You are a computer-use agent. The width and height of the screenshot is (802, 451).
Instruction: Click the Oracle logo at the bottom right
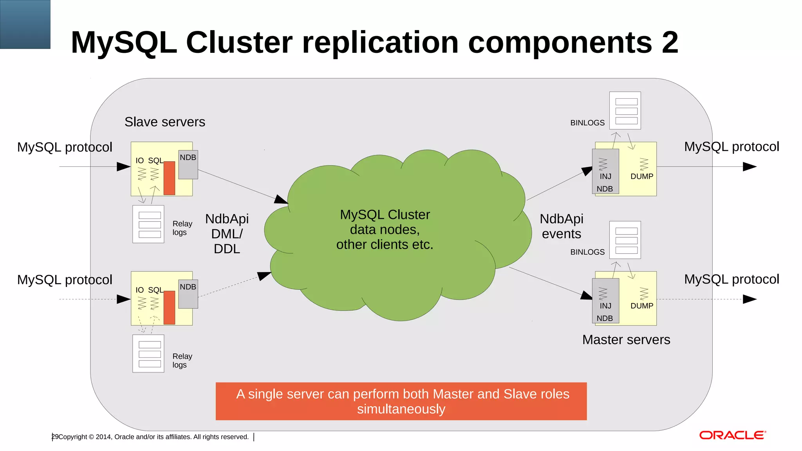point(732,435)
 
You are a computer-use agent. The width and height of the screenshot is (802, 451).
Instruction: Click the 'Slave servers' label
point(164,122)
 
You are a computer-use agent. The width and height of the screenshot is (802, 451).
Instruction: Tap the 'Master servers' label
point(626,339)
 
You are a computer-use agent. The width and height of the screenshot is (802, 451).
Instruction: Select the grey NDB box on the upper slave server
point(188,165)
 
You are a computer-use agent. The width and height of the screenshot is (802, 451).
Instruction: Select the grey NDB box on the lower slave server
point(188,294)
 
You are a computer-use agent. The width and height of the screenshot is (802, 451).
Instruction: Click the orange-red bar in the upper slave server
point(169,178)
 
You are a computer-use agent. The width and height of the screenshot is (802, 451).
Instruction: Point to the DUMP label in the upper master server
point(641,176)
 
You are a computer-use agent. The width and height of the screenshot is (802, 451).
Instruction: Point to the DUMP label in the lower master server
point(641,306)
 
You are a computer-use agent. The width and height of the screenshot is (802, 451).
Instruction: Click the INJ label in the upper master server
point(605,176)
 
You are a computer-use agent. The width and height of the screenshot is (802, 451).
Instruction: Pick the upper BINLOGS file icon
point(625,111)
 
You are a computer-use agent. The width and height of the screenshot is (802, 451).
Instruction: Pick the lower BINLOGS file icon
point(625,240)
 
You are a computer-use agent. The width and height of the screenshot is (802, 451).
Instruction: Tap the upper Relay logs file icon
point(148,224)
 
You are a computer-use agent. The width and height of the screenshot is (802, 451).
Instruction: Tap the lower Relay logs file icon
point(148,354)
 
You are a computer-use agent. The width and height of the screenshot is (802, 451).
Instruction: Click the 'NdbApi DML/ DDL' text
point(227,233)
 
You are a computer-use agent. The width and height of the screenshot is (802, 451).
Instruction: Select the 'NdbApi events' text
point(561,226)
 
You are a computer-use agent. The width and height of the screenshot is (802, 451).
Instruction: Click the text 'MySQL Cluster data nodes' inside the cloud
point(385,222)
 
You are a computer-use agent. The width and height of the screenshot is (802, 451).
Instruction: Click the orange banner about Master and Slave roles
point(401,401)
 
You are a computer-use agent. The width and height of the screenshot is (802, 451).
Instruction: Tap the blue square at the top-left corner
point(25,24)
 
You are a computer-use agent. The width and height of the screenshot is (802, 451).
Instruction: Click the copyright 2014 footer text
point(153,437)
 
